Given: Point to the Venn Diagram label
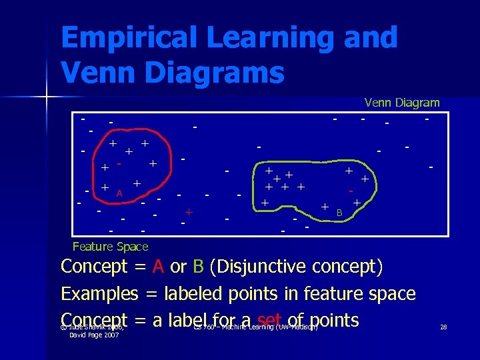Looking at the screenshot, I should pos(402,103).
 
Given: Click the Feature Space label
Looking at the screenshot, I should pos(110,247).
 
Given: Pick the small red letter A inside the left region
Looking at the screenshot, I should pos(119,193).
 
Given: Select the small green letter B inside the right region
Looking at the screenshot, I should pos(339,212).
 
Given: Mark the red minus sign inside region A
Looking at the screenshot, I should pos(119,162).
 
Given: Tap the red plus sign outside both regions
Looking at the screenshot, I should pos(189,212).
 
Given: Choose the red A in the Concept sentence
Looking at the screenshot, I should pos(158,267).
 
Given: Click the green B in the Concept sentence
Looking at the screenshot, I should pos(198,267).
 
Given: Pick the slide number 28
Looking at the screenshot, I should pos(444,327).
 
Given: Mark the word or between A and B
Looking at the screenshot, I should pos(178,267).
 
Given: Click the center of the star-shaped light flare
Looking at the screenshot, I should pos(47,99).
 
